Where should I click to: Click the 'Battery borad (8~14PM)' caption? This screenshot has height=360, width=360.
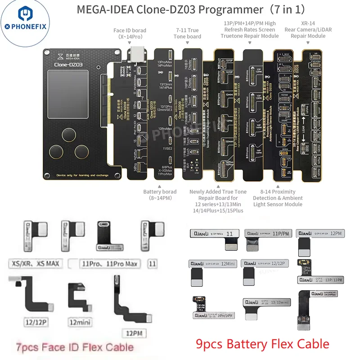160,195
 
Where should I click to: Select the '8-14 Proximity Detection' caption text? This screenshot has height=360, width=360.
278,198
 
